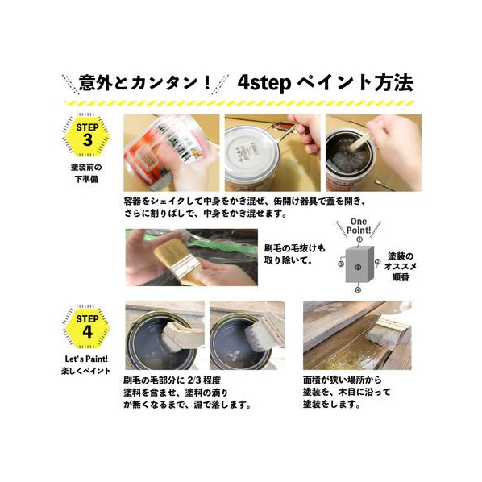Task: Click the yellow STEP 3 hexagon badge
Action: tap(87, 135)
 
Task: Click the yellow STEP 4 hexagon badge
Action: tap(87, 327)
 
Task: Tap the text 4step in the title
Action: tap(264, 83)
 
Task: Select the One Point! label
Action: tap(359, 226)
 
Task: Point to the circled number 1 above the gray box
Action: tap(359, 239)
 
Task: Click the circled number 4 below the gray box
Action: tap(358, 289)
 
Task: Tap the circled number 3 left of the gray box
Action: tap(341, 264)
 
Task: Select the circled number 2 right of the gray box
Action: tap(377, 262)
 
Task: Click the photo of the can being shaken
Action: tap(172, 153)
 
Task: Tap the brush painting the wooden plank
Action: tap(388, 334)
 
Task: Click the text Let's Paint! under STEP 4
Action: tap(86, 359)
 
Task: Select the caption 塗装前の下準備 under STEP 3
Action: tap(86, 173)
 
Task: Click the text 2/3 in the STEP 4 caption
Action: tap(194, 380)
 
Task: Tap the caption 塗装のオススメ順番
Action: tap(400, 267)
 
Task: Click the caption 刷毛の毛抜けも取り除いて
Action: tap(294, 254)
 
